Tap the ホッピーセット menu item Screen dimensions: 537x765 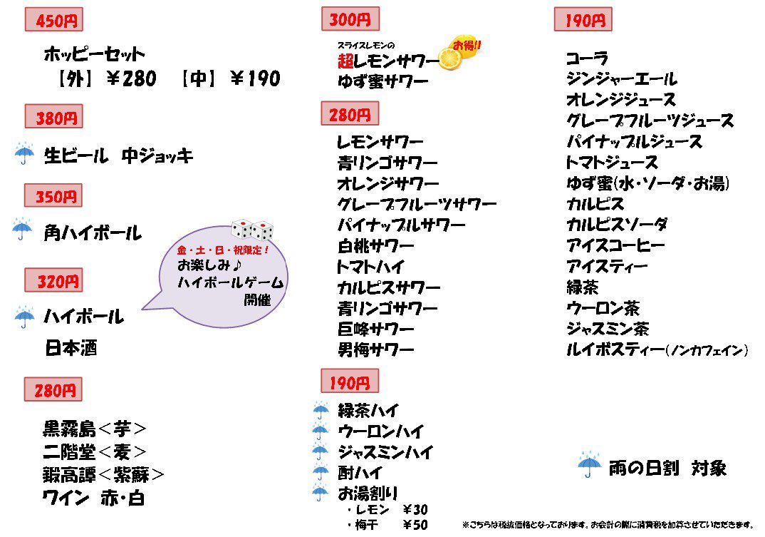(x=94, y=54)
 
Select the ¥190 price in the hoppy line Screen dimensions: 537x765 (x=255, y=78)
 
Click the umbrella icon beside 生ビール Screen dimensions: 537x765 (x=24, y=153)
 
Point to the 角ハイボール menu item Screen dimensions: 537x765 (x=92, y=232)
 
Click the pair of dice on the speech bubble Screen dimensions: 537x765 (x=252, y=230)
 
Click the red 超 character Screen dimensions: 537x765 (x=346, y=62)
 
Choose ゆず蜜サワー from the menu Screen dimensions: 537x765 (x=382, y=82)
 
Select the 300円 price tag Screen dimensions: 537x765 (x=350, y=19)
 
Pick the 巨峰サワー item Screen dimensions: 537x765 (x=375, y=329)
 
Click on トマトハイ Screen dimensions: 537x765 (x=370, y=267)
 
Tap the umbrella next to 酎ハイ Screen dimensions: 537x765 (x=321, y=471)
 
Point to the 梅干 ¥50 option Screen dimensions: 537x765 (x=387, y=525)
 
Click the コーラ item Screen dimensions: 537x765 (x=587, y=58)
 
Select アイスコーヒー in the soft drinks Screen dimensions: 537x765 (x=615, y=246)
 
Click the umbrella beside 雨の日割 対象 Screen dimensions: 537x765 (x=589, y=465)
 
